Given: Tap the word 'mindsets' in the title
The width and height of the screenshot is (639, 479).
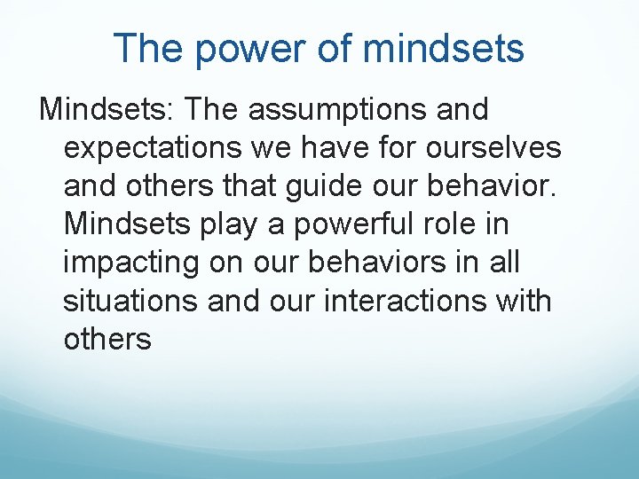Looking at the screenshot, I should click(x=444, y=49).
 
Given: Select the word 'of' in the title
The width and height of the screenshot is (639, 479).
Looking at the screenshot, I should click(x=334, y=49).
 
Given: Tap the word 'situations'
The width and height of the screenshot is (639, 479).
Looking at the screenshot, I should click(x=130, y=301).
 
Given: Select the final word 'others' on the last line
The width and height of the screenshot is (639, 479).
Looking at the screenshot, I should click(x=107, y=339).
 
